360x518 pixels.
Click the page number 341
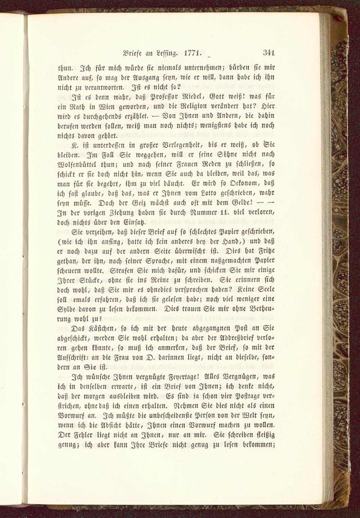[x=269, y=52]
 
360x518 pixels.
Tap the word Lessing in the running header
[x=166, y=53]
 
